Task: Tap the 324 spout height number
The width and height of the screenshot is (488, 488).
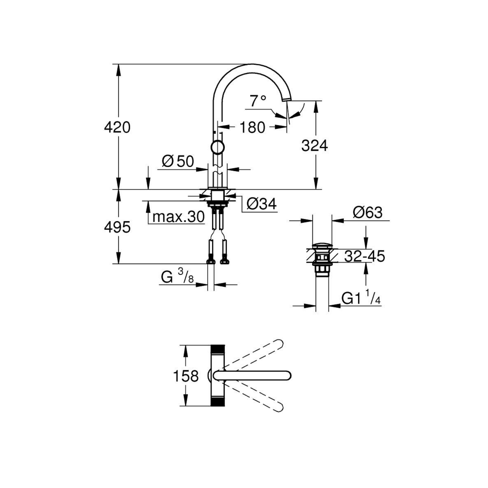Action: [x=314, y=146]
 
